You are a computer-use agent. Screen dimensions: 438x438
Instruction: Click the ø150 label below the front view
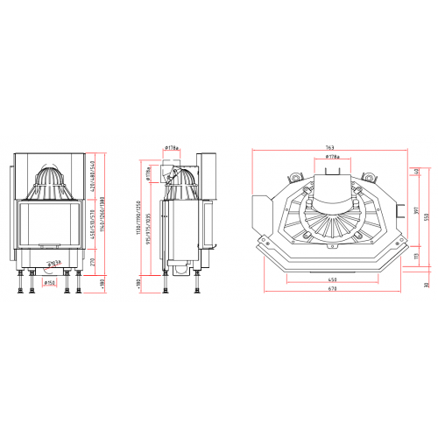click(x=50, y=282)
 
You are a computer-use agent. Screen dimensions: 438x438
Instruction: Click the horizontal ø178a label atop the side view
click(x=171, y=148)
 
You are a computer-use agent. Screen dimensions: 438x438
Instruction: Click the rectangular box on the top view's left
click(x=261, y=210)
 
